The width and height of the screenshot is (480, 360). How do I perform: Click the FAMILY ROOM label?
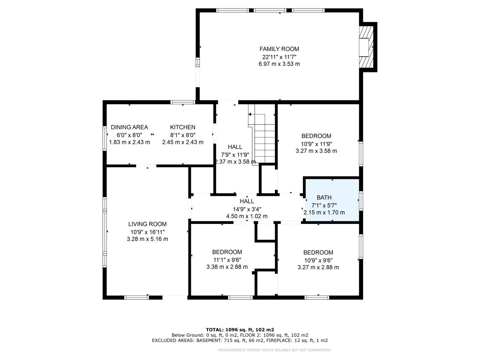coord(279,49)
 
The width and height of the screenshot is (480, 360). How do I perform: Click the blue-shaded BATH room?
coord(332,201)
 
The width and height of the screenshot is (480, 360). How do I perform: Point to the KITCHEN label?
coord(183,127)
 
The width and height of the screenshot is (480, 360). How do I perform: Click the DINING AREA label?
coord(129,127)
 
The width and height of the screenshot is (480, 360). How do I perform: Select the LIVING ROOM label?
coord(147,224)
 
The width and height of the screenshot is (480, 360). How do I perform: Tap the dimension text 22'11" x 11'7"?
coord(279,57)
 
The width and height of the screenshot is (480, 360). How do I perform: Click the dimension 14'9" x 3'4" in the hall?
coord(247,209)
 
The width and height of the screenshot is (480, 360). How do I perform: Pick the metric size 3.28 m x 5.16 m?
coord(147,239)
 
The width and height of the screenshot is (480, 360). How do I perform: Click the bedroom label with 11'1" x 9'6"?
coord(227,252)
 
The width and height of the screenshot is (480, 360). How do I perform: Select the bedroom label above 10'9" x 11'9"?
coord(316,136)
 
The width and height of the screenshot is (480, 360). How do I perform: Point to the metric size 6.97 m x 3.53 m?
coord(279,64)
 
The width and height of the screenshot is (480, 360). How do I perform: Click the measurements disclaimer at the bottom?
coord(274,350)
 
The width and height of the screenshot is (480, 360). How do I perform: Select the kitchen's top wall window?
coord(183,102)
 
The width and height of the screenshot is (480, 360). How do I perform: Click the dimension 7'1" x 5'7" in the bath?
coord(324,205)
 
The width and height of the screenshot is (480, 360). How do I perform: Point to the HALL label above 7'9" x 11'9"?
coord(235,147)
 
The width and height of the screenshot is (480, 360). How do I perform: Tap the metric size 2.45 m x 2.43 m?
coord(183,142)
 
